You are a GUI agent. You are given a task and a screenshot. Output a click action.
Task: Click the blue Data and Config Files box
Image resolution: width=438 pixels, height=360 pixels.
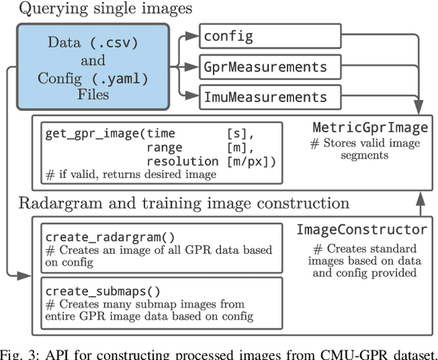(x=92, y=67)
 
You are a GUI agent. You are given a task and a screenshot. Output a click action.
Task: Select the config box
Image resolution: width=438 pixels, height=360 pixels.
(x=270, y=35)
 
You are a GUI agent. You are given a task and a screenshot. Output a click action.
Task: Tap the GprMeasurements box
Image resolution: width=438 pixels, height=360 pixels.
(x=270, y=66)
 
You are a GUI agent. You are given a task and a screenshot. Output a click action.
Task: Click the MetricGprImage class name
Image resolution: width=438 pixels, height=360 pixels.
(x=370, y=128)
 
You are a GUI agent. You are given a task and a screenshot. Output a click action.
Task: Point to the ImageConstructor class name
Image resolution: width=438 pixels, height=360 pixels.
(x=361, y=230)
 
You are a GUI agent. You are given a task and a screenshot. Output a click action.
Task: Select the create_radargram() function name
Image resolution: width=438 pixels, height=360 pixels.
(x=99, y=237)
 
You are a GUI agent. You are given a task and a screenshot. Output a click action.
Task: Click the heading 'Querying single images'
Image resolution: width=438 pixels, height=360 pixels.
(x=105, y=9)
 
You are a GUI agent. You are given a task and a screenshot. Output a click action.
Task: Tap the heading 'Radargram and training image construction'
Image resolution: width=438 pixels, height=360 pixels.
(x=183, y=203)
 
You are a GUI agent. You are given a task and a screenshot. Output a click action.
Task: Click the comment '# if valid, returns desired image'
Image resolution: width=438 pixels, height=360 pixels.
(x=131, y=175)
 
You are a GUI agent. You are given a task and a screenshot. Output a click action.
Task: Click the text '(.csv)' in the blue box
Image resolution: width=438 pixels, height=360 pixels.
(x=113, y=42)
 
